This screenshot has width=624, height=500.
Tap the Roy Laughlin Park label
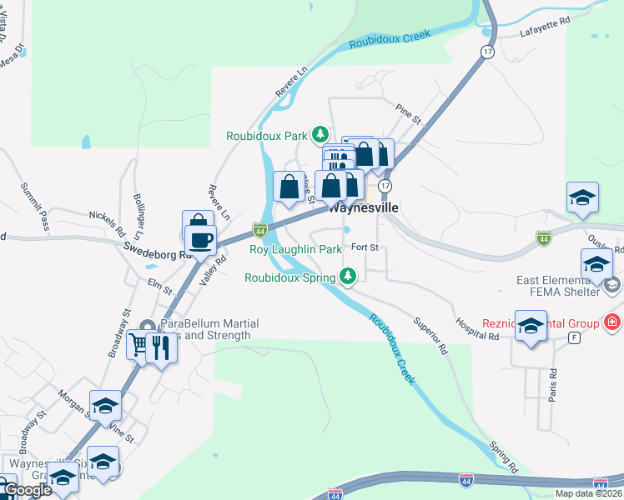tap(296, 249)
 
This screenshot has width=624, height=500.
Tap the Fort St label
tap(365, 247)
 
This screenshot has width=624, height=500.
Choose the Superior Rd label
tap(431, 335)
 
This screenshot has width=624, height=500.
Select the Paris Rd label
tap(551, 387)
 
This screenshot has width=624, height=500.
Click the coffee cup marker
tap(200, 240)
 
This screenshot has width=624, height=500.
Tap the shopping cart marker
tap(139, 344)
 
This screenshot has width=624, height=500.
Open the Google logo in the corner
tap(28, 490)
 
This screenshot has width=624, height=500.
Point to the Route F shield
tap(574, 337)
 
